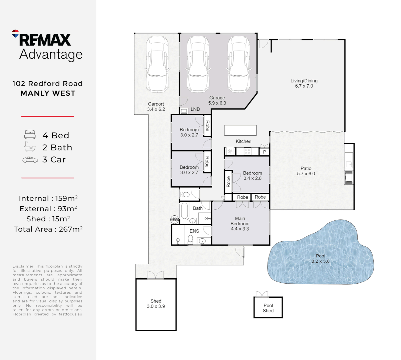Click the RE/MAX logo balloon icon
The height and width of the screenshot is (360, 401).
[15, 33]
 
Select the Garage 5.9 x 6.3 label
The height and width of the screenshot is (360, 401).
[217, 100]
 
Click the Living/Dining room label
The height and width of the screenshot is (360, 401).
[304, 83]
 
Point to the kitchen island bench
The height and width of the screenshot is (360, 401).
[240, 130]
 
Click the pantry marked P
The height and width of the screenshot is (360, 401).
[265, 152]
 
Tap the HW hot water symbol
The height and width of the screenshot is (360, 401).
[174, 219]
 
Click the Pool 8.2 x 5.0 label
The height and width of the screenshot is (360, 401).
[320, 259]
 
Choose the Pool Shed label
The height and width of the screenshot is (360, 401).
[268, 308]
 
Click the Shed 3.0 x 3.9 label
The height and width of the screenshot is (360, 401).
[156, 304]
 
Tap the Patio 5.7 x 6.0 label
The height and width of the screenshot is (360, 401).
[306, 171]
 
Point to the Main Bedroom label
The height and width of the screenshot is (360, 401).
[240, 224]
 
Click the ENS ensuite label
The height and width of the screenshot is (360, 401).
[194, 231]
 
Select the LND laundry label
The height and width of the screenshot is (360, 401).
[195, 109]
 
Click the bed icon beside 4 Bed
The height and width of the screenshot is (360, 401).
[30, 135]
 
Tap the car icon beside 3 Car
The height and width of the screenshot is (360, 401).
[30, 160]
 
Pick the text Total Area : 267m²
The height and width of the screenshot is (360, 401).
[48, 229]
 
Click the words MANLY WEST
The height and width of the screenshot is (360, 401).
[48, 93]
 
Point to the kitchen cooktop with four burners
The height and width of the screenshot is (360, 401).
[247, 152]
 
